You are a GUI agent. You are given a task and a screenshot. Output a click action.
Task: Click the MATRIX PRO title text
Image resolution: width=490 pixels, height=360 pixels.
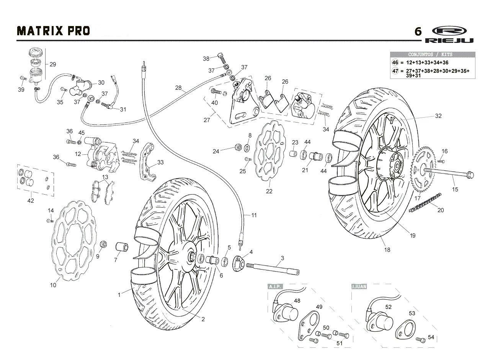(53, 31)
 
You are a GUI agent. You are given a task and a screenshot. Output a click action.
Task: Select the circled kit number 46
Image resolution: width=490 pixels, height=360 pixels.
(395, 62)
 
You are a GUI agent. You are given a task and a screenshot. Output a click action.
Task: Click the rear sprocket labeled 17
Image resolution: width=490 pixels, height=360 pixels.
(423, 169)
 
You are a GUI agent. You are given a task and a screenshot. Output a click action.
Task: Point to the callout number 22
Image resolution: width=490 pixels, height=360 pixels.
(269, 191)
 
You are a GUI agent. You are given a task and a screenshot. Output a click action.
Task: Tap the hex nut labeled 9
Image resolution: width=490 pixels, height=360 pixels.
(103, 244)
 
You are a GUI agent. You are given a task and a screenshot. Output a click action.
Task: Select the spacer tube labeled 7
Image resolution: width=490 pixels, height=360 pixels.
(122, 247)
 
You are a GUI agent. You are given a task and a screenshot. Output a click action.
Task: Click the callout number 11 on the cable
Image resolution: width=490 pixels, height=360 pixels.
(254, 215)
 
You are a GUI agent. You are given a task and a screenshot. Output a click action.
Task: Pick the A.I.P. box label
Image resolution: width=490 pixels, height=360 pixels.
(275, 286)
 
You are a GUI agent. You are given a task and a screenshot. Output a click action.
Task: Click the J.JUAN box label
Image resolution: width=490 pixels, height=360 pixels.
(359, 286)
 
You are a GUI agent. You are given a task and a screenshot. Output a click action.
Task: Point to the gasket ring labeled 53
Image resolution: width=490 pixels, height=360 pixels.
(405, 329)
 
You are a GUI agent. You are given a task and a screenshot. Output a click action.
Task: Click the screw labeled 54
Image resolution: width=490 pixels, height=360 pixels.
(420, 340)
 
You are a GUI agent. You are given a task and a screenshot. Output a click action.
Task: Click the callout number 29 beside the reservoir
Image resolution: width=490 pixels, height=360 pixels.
(53, 64)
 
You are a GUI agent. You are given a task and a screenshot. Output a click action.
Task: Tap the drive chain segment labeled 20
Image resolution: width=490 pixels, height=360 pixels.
(425, 202)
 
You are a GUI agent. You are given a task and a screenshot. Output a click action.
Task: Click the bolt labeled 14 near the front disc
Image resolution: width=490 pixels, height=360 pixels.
(50, 221)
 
